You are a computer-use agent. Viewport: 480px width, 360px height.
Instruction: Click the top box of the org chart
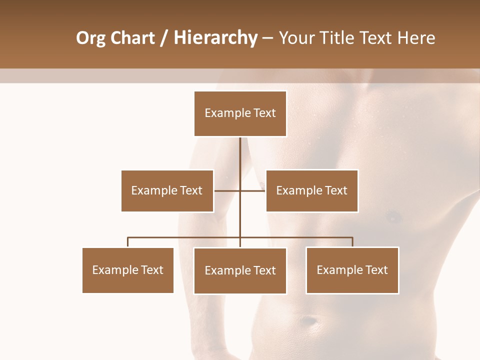coord(240,113)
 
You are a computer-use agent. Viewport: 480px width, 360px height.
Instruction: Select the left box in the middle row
coord(167,190)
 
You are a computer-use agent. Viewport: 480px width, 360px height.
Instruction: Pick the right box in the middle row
coord(311,190)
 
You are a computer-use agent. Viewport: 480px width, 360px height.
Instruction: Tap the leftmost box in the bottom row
coord(128,270)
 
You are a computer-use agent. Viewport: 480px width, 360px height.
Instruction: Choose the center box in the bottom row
coord(240,270)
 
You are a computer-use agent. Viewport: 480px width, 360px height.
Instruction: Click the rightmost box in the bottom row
coord(352,270)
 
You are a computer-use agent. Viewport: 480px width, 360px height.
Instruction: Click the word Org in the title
coord(90,38)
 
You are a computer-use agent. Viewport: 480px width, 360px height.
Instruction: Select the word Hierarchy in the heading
coord(215,38)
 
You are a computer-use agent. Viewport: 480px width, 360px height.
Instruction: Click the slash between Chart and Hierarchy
coord(163,38)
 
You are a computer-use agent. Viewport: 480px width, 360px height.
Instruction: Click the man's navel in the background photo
coord(311,319)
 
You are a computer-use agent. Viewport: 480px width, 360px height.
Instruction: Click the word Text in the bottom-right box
coord(376,270)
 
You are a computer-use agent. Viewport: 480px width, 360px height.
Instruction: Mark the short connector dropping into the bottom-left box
coord(128,242)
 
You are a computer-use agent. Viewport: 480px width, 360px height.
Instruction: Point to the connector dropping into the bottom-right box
coord(352,242)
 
